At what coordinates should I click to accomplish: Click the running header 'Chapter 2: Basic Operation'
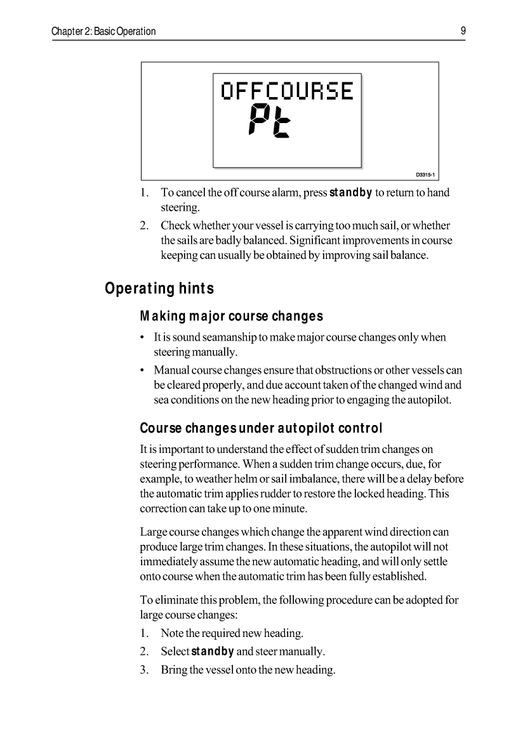(104, 31)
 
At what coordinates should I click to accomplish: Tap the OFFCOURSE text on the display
(286, 91)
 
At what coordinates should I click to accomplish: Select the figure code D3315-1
(427, 174)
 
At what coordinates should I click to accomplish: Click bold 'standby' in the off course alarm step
(350, 192)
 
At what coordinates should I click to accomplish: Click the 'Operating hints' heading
(159, 289)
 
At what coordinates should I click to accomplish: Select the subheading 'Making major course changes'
(231, 316)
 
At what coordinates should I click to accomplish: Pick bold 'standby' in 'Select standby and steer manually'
(213, 652)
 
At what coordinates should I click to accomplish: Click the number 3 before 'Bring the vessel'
(143, 670)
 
